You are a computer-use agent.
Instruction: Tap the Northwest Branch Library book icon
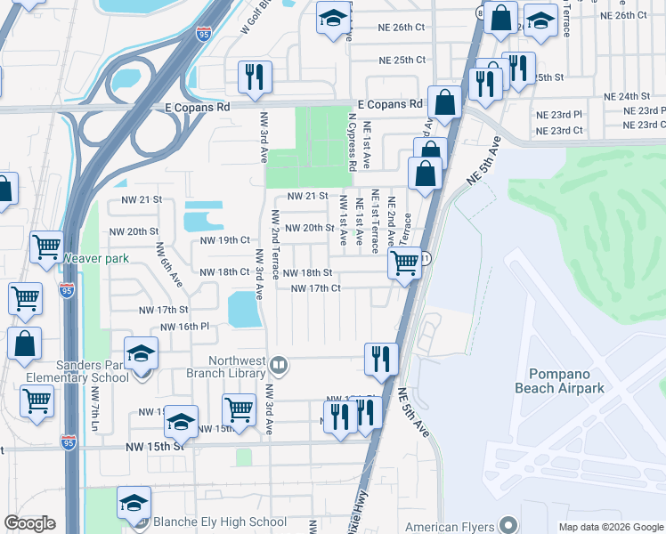279,366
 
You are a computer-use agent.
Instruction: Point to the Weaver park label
96,259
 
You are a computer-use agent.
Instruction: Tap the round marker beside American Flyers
508,525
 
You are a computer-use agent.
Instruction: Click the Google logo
29,523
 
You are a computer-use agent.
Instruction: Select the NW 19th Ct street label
224,240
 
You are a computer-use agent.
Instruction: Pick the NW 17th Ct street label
316,288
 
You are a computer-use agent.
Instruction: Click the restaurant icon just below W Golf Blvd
255,77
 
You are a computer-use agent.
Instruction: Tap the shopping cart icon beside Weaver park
46,248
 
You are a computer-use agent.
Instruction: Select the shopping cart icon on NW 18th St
405,263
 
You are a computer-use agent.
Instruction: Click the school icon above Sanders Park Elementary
140,354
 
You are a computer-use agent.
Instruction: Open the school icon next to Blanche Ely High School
134,504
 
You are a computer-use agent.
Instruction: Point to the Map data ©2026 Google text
611,527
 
